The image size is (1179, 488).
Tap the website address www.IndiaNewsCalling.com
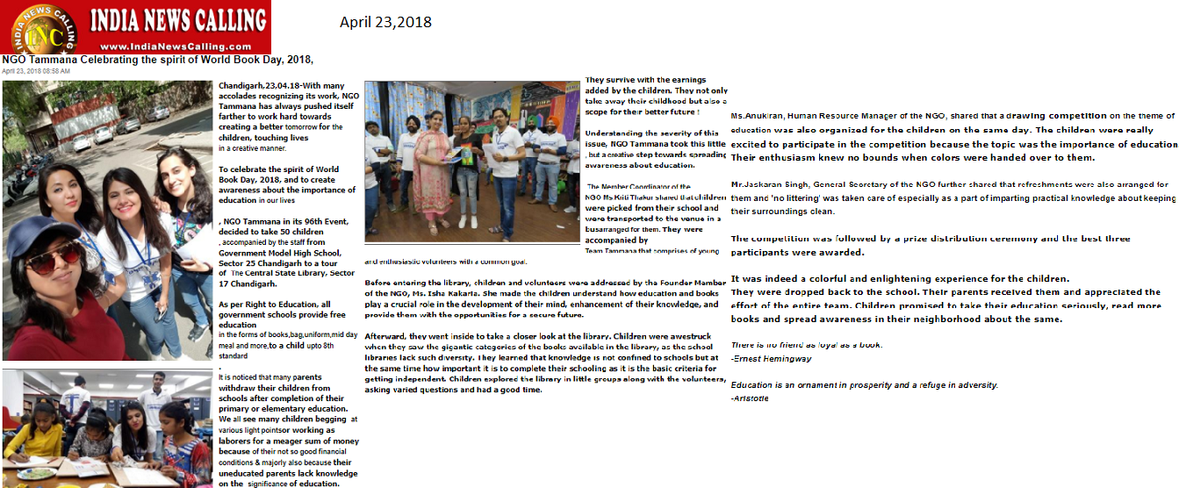point(163,47)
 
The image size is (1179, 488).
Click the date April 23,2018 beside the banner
point(385,22)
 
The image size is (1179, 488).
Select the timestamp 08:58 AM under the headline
point(55,71)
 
